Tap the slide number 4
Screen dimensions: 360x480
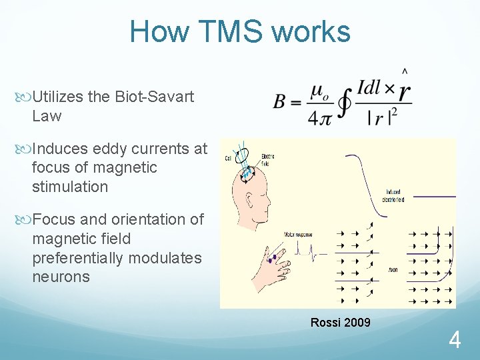[455, 341]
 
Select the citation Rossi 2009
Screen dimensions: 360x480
[340, 323]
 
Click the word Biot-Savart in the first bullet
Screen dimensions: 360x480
[154, 97]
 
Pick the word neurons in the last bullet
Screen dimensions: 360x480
[61, 277]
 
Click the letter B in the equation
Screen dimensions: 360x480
[279, 101]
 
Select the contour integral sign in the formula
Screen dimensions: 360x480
[344, 103]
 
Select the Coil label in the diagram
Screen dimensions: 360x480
[227, 158]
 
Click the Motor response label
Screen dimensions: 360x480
[298, 235]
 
